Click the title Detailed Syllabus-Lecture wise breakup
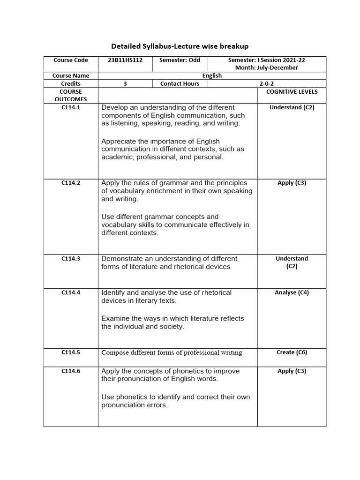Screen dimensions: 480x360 (180, 46)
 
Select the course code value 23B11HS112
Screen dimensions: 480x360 (125, 60)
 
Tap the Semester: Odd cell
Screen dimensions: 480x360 (180, 60)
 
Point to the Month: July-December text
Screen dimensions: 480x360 (266, 67)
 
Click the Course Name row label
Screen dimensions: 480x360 (71, 75)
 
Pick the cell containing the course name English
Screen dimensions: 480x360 (212, 75)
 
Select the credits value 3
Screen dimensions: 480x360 (125, 83)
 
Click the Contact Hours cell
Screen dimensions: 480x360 (180, 83)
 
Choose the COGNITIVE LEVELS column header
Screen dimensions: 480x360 (292, 92)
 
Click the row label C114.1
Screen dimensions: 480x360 (71, 107)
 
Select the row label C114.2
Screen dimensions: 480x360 (71, 183)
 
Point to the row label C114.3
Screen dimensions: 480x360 (71, 258)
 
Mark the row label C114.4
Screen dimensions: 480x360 (71, 292)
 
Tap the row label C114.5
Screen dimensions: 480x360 (71, 352)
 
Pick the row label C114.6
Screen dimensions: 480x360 (71, 371)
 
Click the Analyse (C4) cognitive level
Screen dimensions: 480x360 (292, 292)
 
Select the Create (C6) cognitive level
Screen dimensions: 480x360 (292, 352)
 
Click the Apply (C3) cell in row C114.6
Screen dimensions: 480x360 (292, 371)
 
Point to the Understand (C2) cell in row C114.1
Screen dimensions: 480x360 (292, 107)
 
